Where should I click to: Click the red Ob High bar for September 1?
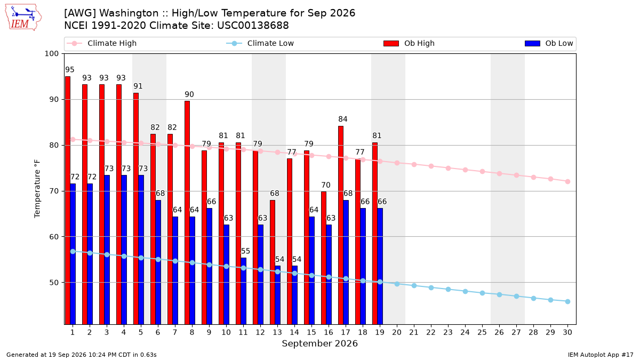[x=68, y=201]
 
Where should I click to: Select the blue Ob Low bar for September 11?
[x=243, y=291]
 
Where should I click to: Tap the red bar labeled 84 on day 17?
[x=341, y=225]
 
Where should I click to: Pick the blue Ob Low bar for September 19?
[x=380, y=266]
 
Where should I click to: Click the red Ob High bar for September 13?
[x=273, y=262]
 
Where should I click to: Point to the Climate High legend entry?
[x=102, y=43]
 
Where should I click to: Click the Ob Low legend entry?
[x=549, y=43]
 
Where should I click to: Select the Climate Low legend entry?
[x=260, y=43]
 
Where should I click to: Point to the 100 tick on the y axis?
[x=51, y=54]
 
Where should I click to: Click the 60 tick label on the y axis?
[x=54, y=237]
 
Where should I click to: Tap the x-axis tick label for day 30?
[x=567, y=332]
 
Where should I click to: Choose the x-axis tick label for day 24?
[x=465, y=332]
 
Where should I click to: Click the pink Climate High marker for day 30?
[x=567, y=181]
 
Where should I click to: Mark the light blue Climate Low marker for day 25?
[x=482, y=293]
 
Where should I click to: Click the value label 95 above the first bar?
[x=70, y=70]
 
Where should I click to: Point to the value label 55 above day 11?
[x=246, y=251]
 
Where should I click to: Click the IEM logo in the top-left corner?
[x=23, y=18]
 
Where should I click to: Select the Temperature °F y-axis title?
[x=37, y=189]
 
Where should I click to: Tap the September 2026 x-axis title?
[x=319, y=343]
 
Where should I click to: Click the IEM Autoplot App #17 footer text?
[x=601, y=355]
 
